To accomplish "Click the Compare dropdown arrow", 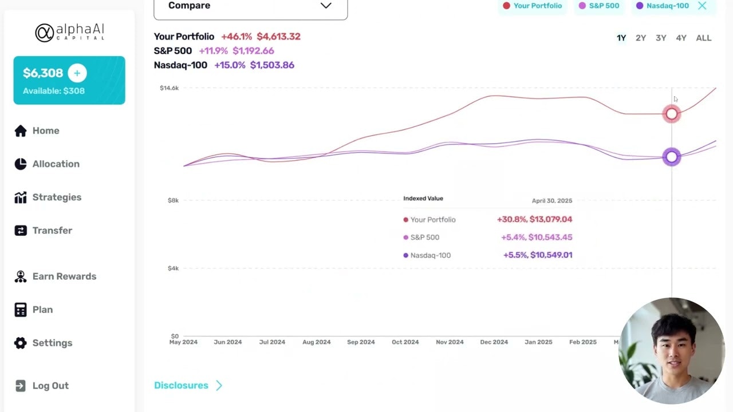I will pos(326,6).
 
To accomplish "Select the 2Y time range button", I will pos(641,38).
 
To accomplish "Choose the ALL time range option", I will pos(703,38).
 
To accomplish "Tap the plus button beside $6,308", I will pos(77,73).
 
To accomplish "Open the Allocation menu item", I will pos(56,164).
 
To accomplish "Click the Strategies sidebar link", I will pos(57,197).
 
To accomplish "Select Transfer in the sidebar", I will pos(52,231).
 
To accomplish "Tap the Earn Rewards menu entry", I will pos(64,276).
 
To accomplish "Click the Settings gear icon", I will pos(21,343).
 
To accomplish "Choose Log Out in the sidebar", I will pos(50,386).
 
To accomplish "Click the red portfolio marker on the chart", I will pos(672,114).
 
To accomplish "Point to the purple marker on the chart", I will pos(672,157).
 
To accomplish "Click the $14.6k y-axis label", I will pos(170,88).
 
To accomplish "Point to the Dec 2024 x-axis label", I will pos(494,342).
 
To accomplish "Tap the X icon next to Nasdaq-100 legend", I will pos(702,6).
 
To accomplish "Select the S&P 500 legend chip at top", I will pos(600,6).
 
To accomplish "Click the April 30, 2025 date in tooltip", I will pos(551,201).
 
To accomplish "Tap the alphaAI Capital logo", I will pos(69,33).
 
